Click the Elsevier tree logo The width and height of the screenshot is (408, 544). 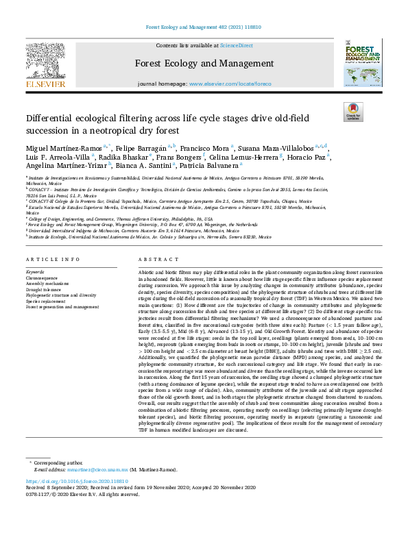tap(47, 62)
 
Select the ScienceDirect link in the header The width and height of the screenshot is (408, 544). tap(235, 45)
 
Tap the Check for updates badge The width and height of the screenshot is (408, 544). tap(353, 112)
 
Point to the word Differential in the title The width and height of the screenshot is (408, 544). tap(52, 118)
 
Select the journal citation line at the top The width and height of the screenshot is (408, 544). tap(203, 27)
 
